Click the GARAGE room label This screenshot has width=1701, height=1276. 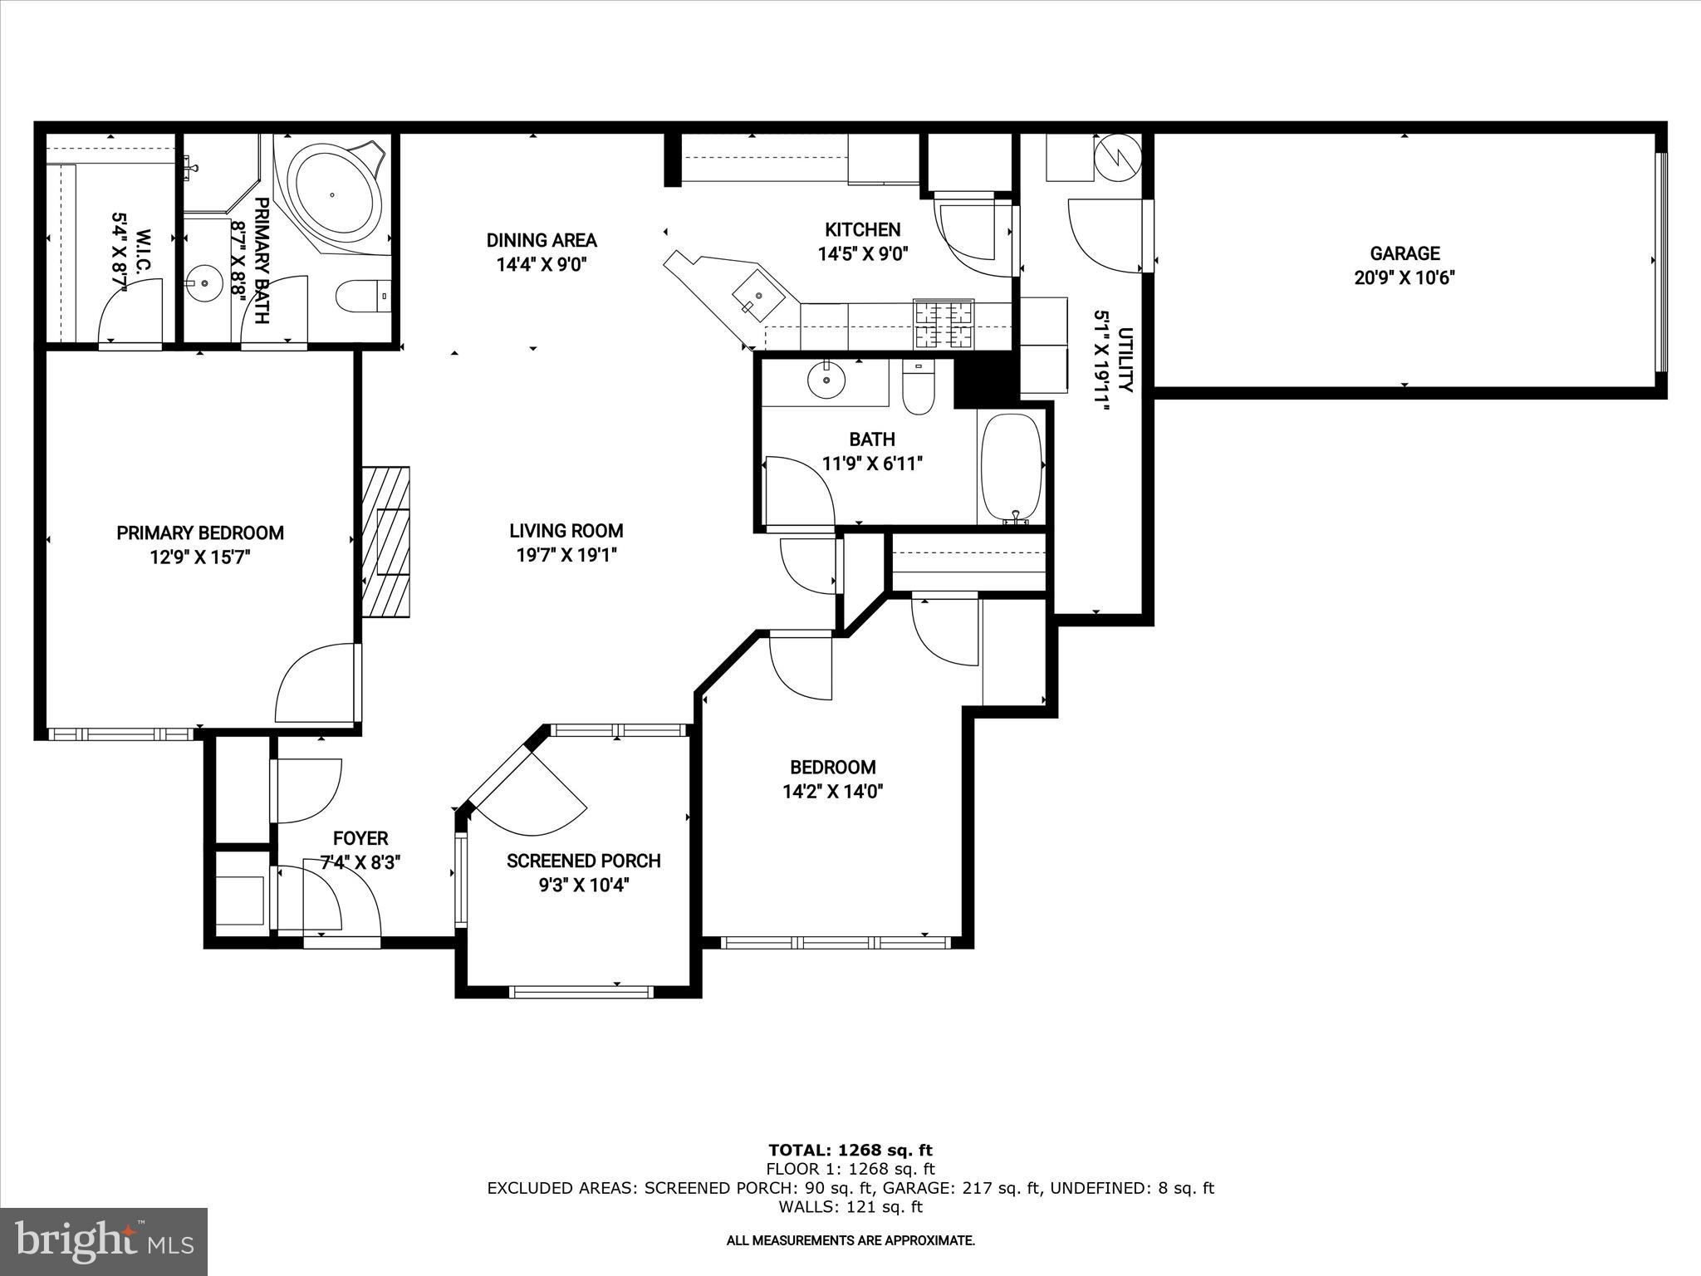point(1404,253)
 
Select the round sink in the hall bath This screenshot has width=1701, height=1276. point(826,380)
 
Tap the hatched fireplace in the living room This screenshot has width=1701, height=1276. point(386,541)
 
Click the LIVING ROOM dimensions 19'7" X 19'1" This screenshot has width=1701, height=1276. point(566,555)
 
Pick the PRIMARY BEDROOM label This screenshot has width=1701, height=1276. point(200,532)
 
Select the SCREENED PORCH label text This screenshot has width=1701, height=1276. point(583,861)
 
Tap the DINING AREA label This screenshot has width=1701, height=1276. point(542,240)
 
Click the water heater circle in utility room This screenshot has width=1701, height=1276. point(1118,156)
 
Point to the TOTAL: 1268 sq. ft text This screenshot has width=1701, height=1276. point(850,1150)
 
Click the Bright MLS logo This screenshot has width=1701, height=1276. point(104,1241)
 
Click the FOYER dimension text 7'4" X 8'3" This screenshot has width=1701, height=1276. point(360,862)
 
